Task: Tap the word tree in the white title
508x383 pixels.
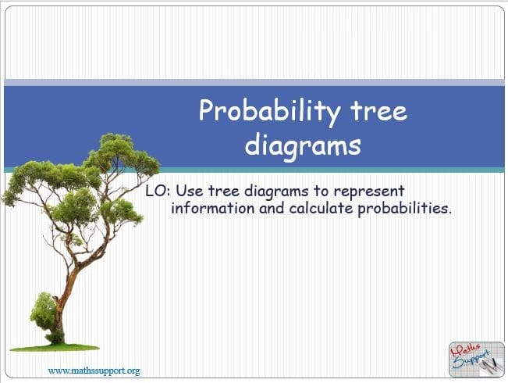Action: pyautogui.click(x=378, y=110)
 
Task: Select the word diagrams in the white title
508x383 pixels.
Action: pyautogui.click(x=303, y=146)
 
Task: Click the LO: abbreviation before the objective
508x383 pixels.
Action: pyautogui.click(x=158, y=191)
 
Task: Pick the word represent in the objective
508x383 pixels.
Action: pyautogui.click(x=369, y=191)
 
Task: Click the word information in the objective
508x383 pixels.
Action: pyautogui.click(x=213, y=208)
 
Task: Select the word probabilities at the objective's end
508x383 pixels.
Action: pyautogui.click(x=404, y=209)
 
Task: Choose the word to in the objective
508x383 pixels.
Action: pyautogui.click(x=321, y=191)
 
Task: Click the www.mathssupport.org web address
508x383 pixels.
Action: pyautogui.click(x=94, y=370)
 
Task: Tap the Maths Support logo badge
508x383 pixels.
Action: pyautogui.click(x=477, y=360)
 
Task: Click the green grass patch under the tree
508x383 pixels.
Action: pyautogui.click(x=55, y=348)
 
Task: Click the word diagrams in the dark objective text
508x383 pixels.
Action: pyautogui.click(x=276, y=191)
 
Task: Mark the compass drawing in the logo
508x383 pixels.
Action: pyautogui.click(x=489, y=366)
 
